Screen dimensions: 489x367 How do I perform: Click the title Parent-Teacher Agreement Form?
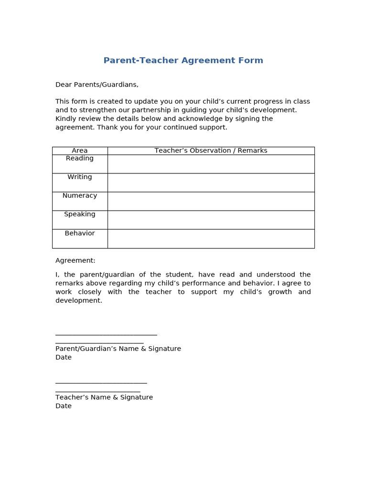183,61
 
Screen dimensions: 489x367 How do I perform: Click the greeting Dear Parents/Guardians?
97,85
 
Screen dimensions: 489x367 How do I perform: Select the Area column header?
80,150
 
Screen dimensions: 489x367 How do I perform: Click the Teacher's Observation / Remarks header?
211,150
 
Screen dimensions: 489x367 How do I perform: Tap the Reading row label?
80,159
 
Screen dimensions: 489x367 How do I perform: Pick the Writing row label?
80,177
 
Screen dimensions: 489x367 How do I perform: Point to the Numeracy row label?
80,196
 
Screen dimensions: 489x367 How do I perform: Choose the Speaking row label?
80,214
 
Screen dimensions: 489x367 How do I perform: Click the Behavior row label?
80,234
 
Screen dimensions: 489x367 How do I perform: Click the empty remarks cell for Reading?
211,164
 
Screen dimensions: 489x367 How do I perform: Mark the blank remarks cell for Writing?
211,182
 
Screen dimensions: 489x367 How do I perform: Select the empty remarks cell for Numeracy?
211,201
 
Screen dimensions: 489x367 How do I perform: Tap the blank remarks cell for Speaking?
211,220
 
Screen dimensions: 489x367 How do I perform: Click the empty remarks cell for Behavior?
211,239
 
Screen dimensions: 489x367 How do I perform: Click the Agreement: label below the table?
76,261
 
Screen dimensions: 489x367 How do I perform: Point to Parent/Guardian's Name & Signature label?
118,349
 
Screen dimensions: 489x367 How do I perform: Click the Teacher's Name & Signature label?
104,397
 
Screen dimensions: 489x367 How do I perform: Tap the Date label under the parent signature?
64,357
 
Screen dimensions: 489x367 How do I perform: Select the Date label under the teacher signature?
64,406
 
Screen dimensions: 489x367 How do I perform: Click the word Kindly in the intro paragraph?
65,118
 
